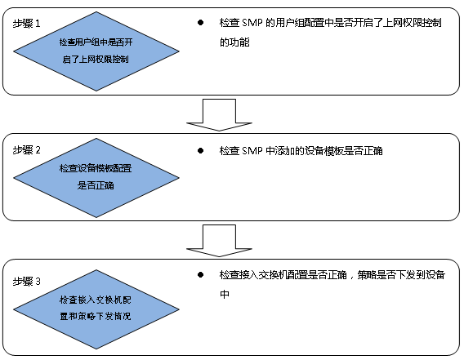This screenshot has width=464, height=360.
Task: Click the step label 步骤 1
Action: pos(26,24)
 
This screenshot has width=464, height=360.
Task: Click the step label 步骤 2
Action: pos(26,150)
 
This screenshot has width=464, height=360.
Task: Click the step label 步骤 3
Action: pos(26,282)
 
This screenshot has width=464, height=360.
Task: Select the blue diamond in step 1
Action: pos(96,51)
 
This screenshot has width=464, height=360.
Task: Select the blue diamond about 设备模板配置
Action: pos(96,178)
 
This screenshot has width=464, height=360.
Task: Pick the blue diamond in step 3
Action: pos(96,309)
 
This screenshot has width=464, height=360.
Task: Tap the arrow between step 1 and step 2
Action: pos(219,115)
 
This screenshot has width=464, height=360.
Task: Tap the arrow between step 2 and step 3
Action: pos(219,241)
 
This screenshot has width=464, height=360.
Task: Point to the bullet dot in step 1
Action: pos(200,23)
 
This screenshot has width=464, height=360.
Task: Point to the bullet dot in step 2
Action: pos(200,150)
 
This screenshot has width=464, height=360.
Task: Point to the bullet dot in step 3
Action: pos(200,275)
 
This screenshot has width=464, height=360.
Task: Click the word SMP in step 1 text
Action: pos(252,23)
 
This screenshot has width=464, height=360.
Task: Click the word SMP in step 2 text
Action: pos(252,151)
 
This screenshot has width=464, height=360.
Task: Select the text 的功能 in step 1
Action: pos(234,42)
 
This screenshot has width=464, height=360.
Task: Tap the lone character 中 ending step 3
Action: pos(225,295)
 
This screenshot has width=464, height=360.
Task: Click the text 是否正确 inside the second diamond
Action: pos(96,185)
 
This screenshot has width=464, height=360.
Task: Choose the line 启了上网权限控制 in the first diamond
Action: pos(96,59)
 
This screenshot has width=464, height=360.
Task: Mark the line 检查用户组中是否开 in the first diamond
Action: pos(96,42)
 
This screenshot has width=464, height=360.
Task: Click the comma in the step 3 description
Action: pos(351,278)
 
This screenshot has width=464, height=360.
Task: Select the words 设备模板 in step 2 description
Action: pos(324,151)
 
